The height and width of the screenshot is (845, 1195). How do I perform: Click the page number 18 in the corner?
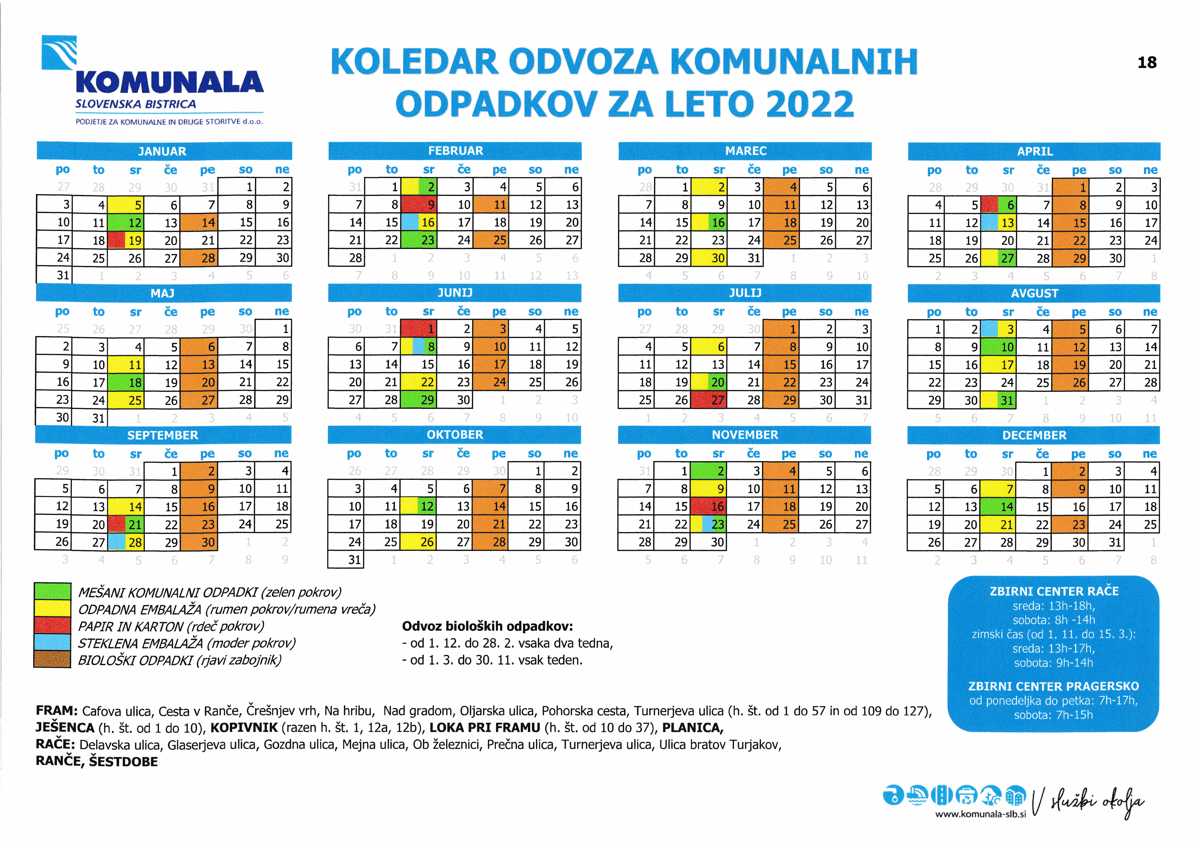pos(1147,63)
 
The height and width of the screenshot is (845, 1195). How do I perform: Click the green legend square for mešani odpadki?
pos(52,591)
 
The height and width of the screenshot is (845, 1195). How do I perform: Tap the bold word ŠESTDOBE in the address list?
pos(123,762)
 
